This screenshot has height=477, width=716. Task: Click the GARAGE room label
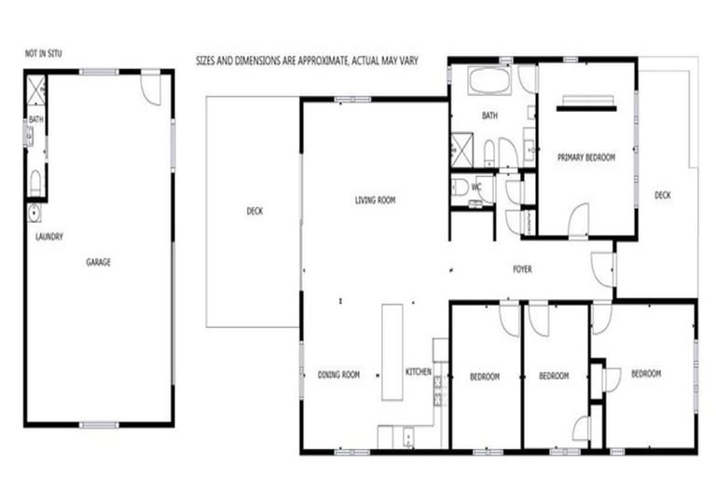[x=98, y=263]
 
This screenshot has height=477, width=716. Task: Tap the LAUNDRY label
[x=48, y=237]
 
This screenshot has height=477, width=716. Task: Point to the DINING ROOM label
[x=338, y=375]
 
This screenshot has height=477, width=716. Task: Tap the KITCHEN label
[x=418, y=372]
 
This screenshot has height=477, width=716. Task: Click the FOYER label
[x=522, y=269]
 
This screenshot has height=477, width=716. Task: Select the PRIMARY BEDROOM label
[x=586, y=157]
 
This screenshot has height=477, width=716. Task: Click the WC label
[x=475, y=187]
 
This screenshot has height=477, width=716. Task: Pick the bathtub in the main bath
[x=489, y=80]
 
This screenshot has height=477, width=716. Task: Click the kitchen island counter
[x=392, y=352]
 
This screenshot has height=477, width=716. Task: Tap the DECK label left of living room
[x=255, y=211]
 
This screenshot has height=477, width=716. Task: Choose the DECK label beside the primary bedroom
[x=662, y=195]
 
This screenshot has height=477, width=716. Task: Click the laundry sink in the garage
[x=34, y=212]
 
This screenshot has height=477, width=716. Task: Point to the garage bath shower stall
[x=36, y=91]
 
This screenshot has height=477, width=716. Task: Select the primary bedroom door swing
[x=579, y=223]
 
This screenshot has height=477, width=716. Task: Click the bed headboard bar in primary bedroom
[x=586, y=108]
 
